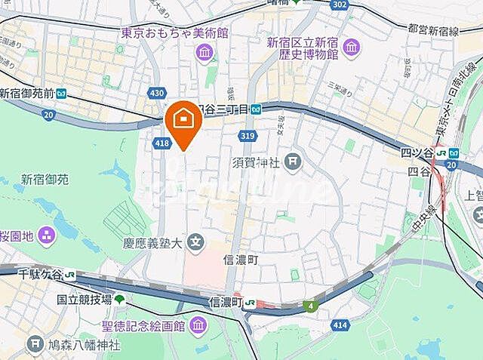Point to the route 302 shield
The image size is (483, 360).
339,5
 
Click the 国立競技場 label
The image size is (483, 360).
85,300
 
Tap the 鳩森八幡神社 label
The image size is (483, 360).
83,346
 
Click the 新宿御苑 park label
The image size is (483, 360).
45,180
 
